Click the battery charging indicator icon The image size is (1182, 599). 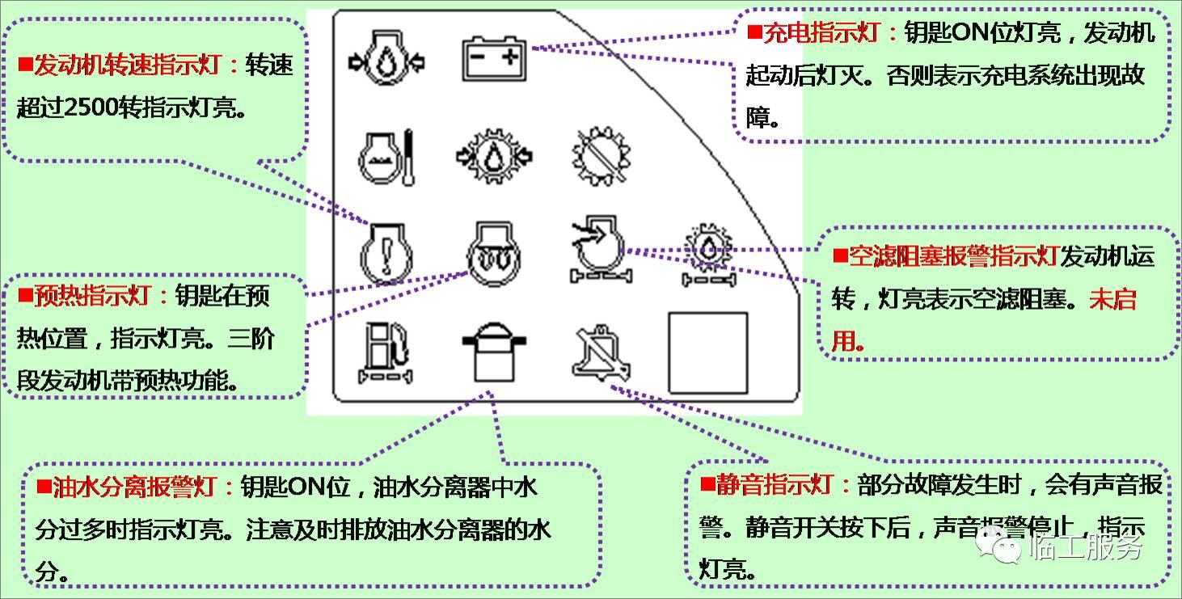coord(493,60)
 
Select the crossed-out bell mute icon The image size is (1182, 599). coord(598,353)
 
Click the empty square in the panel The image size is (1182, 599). coord(707,352)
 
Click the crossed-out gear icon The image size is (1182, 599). coord(599,154)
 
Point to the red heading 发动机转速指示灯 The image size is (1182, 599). coord(126,65)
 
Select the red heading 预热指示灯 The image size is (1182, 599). coord(91,295)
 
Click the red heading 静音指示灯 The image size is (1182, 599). coord(775,484)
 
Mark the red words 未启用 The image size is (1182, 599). coord(1112,299)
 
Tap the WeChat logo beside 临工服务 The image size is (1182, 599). coord(1000,547)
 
